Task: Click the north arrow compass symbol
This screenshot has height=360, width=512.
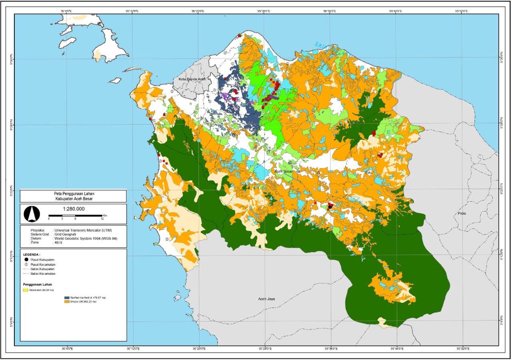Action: coord(30,213)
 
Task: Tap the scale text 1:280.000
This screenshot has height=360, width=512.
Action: coord(74,208)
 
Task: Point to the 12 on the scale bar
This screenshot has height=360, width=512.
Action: coord(102,219)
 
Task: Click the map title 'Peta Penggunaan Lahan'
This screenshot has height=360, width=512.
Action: coord(74,193)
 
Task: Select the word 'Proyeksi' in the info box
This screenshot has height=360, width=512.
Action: coord(38,230)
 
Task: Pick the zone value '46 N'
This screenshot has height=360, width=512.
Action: coord(59,242)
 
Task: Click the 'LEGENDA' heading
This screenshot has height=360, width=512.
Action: coord(32,254)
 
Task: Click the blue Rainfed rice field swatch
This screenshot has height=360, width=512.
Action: coord(66,298)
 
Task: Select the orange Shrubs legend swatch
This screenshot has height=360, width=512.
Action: coord(66,302)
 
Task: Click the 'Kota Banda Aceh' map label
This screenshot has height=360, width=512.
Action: coord(192,79)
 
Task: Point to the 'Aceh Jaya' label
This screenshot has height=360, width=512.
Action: coord(267,298)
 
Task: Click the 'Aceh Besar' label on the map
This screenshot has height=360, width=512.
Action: coord(284,171)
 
